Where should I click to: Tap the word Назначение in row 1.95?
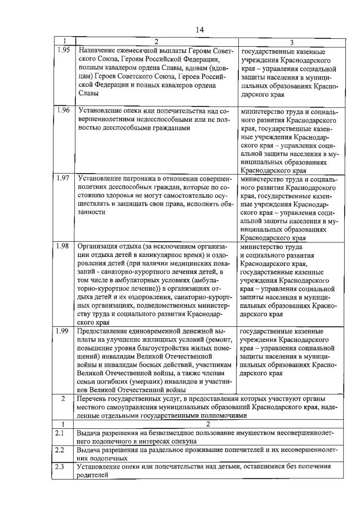96,50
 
